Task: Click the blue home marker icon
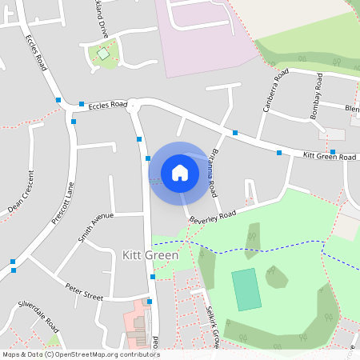[180, 172]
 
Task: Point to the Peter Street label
[84, 291]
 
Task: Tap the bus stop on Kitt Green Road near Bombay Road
[332, 151]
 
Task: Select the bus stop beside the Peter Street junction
[153, 278]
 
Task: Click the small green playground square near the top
[102, 54]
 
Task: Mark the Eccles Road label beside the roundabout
[107, 105]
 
